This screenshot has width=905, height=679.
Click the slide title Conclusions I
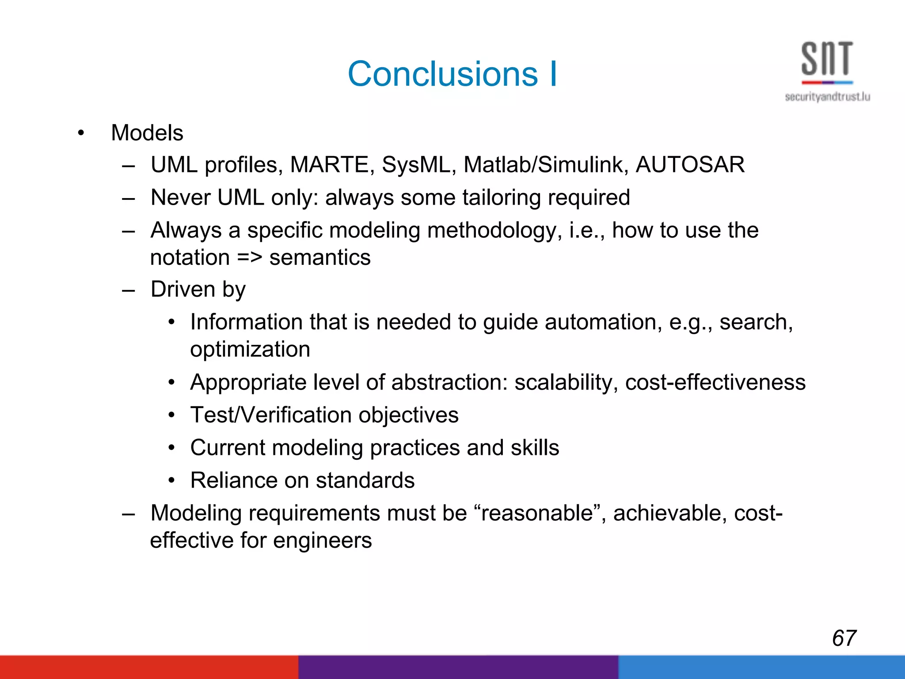pos(452,74)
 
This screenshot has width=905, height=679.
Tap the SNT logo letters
pos(827,59)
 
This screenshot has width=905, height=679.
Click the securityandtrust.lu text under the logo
pos(827,97)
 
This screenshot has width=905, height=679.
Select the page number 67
pos(844,638)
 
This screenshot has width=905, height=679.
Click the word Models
pos(147,133)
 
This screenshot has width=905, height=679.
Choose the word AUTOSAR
pos(690,165)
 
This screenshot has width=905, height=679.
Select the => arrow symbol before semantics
pos(249,258)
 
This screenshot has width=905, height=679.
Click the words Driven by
pos(198,290)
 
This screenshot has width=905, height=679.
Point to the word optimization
pos(250,349)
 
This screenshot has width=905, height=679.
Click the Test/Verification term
pos(271,415)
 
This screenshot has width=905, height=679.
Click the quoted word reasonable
pos(536,513)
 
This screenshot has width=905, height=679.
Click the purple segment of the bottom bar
pos(458,667)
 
